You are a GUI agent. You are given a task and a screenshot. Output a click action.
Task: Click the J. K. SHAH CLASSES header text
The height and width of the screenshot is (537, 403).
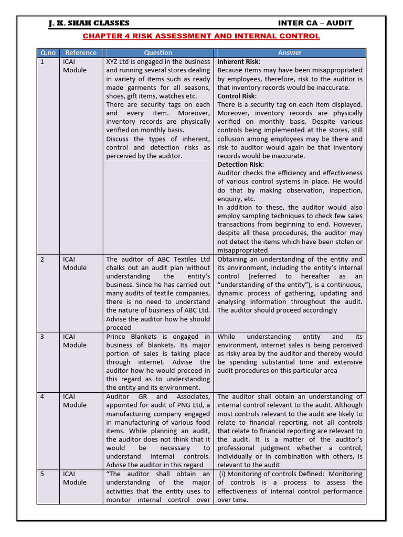click(89, 23)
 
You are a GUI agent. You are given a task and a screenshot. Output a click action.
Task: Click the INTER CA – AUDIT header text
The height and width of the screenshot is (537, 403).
click(315, 23)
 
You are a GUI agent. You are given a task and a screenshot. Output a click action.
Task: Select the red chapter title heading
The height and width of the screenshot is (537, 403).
click(201, 36)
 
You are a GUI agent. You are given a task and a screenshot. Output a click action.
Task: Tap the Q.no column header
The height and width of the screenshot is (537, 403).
click(47, 52)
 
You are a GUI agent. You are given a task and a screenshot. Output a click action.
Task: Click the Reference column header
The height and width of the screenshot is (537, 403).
click(81, 52)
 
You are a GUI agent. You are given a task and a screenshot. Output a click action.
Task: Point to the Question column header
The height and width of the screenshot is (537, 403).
click(158, 52)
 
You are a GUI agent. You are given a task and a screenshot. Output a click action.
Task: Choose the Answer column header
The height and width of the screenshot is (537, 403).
click(290, 52)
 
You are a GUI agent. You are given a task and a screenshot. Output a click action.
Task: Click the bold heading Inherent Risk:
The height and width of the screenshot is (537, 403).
click(239, 62)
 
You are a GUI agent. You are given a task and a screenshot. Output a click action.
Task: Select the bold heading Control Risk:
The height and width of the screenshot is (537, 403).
click(237, 96)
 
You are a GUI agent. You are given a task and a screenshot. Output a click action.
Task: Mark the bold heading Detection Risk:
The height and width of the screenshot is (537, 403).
click(241, 165)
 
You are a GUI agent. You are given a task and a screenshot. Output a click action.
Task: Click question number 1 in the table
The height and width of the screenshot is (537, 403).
click(43, 62)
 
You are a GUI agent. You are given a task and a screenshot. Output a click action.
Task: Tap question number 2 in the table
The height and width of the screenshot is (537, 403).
click(43, 260)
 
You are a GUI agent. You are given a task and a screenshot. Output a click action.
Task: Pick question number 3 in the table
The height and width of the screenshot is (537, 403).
click(43, 337)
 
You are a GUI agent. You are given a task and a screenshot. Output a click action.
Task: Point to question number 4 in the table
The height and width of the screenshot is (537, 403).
click(43, 397)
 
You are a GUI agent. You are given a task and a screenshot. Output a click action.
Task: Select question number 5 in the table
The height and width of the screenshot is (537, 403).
click(43, 474)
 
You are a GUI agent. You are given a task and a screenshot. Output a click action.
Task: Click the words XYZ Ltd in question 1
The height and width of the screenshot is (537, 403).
click(119, 62)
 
